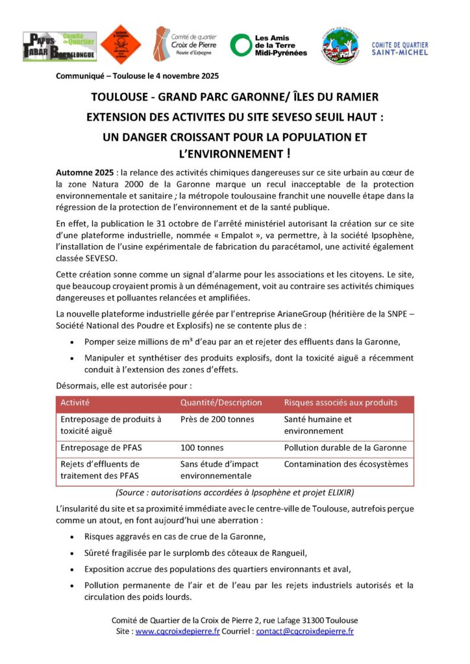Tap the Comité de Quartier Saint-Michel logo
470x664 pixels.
[399, 48]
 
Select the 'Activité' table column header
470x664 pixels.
[75, 403]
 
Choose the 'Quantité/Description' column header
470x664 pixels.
[221, 403]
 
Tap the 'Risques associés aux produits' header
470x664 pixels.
[340, 403]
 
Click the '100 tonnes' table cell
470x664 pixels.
[201, 447]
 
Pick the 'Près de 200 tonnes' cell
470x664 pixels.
[217, 419]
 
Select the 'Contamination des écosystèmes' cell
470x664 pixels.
[346, 464]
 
